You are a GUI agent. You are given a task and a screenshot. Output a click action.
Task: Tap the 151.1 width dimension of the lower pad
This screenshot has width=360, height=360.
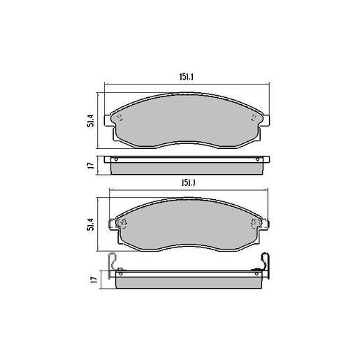coord(186,182)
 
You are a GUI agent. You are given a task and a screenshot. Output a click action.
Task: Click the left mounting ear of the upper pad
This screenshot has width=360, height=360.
coord(108,121)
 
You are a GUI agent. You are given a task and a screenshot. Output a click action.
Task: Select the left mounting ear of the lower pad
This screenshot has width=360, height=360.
coord(113,224)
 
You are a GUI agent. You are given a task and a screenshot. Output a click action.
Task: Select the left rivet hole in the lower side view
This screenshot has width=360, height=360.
coord(120,271)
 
